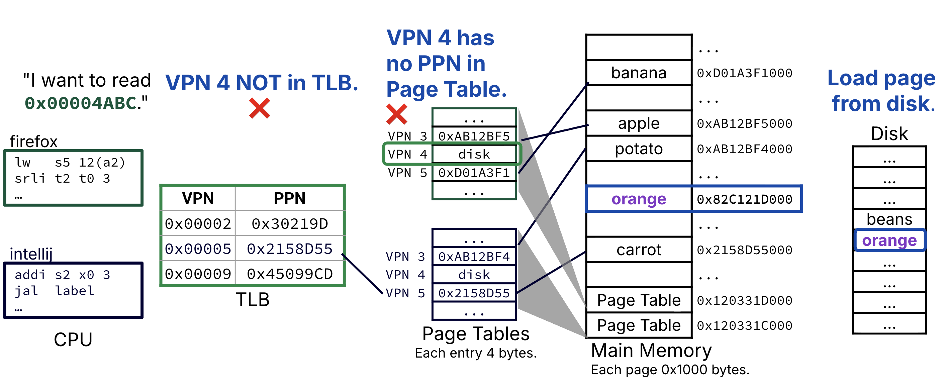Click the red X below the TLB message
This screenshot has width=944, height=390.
[260, 108]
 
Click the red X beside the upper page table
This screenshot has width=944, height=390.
[396, 114]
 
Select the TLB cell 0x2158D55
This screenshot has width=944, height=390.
[289, 249]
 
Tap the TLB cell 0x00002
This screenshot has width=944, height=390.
[198, 223]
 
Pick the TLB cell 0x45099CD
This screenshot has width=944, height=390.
[289, 274]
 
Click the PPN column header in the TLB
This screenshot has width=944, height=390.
[289, 198]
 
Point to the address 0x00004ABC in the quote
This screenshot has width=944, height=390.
[81, 103]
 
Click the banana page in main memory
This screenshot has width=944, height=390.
[638, 73]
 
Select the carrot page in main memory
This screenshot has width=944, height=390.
[638, 250]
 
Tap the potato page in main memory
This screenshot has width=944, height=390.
[638, 149]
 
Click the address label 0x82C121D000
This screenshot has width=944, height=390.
[744, 199]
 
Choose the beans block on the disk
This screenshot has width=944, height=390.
[889, 219]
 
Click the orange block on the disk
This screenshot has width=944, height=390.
[889, 240]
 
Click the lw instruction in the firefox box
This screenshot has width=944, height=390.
[70, 162]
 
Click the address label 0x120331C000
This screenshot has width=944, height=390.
[744, 325]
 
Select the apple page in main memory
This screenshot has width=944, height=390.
[638, 123]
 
